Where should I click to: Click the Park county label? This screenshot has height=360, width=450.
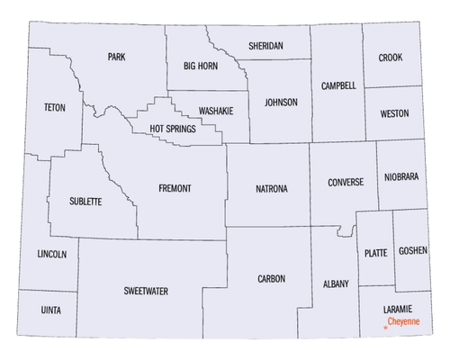click(x=116, y=57)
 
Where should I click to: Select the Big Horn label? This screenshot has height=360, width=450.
click(x=201, y=66)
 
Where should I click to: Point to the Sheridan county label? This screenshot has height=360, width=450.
click(x=265, y=45)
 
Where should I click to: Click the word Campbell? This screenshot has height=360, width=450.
click(x=338, y=85)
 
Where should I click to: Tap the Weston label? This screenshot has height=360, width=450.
click(x=394, y=113)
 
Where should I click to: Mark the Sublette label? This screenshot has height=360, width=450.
click(x=85, y=201)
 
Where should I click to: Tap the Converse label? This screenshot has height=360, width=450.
click(x=346, y=182)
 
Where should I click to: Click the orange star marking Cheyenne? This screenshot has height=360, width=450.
click(x=385, y=329)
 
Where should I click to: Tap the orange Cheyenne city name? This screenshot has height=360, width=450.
click(x=404, y=321)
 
